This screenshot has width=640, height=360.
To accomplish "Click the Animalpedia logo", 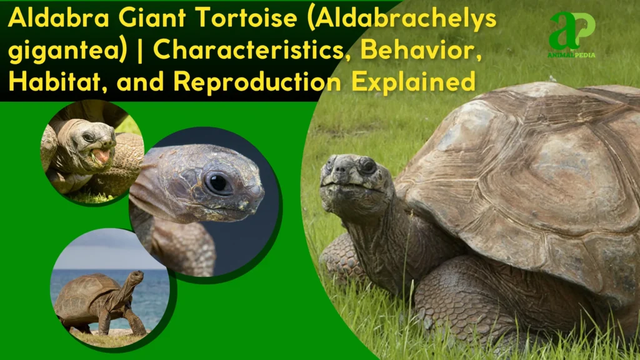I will pos(572,34).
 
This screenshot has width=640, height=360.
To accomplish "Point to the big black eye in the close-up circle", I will pos(219,183).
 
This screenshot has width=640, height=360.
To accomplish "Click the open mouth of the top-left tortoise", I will pos(100,156).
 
